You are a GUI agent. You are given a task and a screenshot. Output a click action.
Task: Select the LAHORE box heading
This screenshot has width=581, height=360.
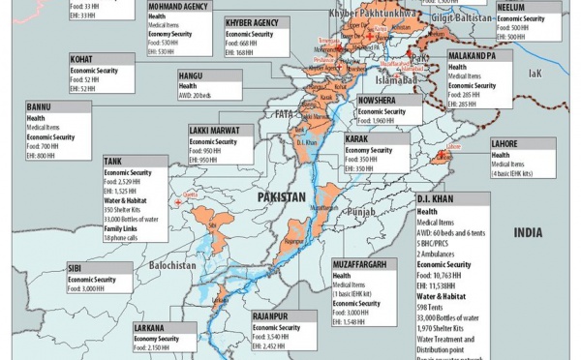point(506,143)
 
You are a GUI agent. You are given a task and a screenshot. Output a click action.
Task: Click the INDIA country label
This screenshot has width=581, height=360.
point(529,233)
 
